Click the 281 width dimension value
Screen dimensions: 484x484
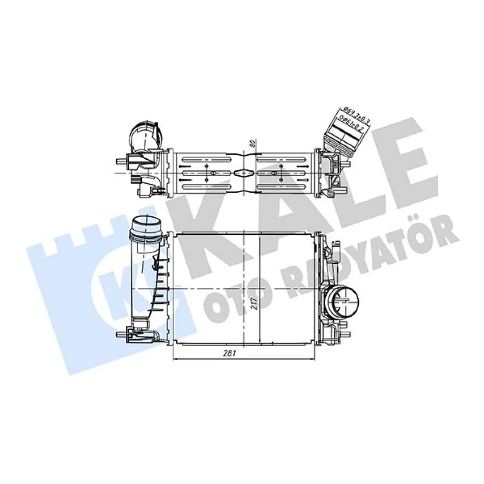pos(229,354)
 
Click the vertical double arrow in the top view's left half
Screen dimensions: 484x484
pos(208,172)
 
